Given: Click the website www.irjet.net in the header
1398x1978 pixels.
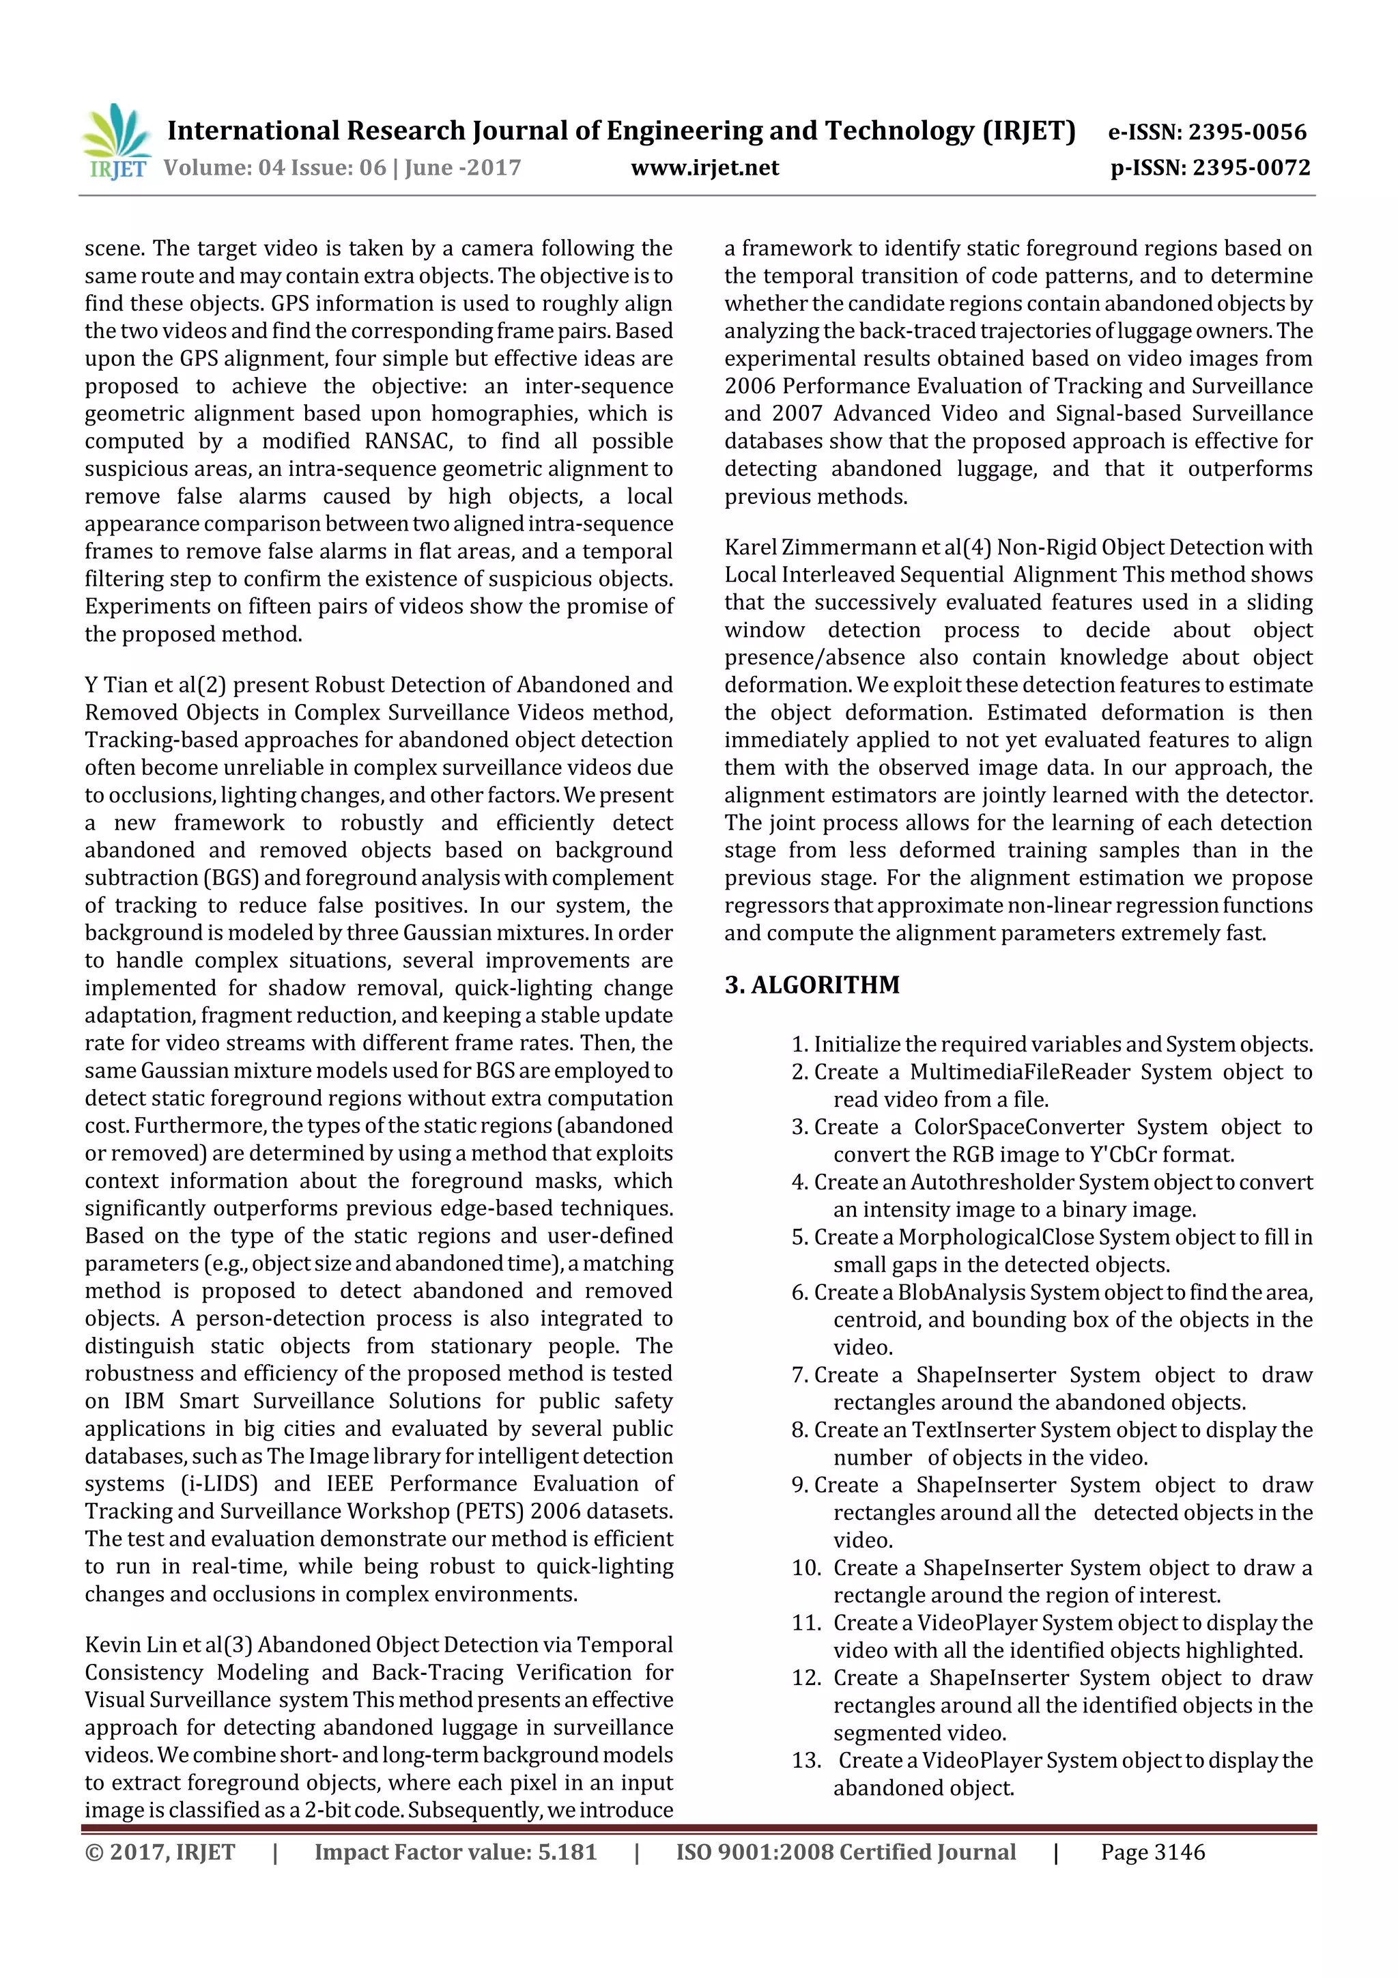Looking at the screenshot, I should pos(704,168).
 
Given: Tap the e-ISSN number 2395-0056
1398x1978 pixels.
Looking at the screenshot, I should pos(1247,132).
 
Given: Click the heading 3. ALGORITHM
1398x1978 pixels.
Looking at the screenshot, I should pos(812,985).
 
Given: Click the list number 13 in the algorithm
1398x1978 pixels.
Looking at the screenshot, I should pos(806,1761).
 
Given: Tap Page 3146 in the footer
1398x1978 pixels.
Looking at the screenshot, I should pos(1152,1852).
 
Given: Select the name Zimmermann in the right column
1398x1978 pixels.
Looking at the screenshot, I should pos(839,548).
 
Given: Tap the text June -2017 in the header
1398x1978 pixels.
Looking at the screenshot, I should pos(463,168).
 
